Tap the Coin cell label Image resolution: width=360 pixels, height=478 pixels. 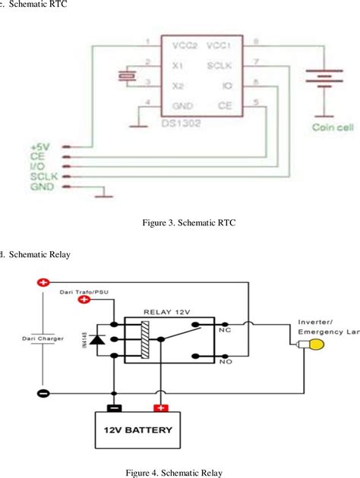point(333,127)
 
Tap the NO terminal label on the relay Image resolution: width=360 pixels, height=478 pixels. point(225,363)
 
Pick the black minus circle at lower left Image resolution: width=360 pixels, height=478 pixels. point(43,394)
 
